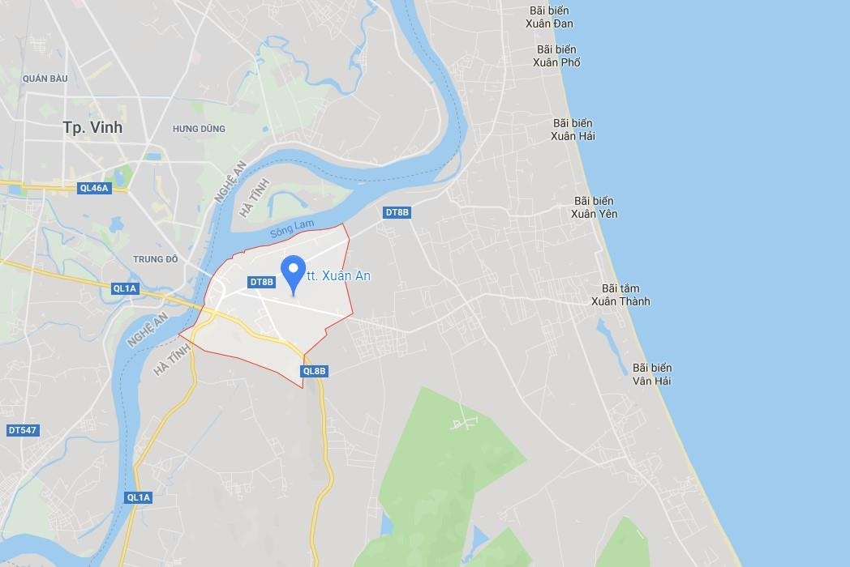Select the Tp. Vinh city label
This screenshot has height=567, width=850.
click(x=92, y=127)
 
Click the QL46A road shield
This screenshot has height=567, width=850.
click(x=93, y=188)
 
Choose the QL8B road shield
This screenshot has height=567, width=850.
click(x=314, y=371)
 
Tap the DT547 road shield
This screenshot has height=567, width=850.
click(x=22, y=430)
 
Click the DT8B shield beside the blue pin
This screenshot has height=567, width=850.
click(x=262, y=282)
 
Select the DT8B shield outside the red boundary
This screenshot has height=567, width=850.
click(x=397, y=212)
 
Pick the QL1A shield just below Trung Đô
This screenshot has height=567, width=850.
click(x=126, y=288)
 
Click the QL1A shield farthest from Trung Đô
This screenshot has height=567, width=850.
click(x=139, y=497)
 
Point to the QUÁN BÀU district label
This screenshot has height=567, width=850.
click(x=45, y=79)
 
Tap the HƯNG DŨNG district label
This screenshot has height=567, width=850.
click(x=198, y=129)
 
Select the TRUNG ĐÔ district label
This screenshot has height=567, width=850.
click(x=155, y=259)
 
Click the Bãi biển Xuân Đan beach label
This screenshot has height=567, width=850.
click(x=549, y=17)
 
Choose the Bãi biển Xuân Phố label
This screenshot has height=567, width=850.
click(x=556, y=56)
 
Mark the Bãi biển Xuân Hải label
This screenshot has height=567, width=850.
click(x=573, y=130)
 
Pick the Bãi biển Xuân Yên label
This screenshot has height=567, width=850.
click(x=594, y=207)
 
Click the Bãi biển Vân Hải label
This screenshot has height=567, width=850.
click(x=652, y=374)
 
